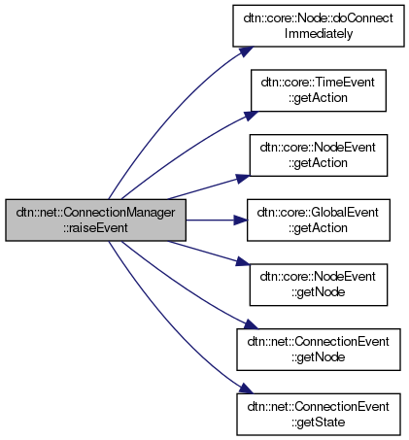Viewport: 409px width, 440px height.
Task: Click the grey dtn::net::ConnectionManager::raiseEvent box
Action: pyautogui.click(x=95, y=220)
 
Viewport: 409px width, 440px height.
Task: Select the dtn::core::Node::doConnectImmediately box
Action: pyautogui.click(x=319, y=26)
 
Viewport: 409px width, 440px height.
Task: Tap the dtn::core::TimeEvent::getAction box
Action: pyautogui.click(x=319, y=90)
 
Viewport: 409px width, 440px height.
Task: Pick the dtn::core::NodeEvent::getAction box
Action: pyautogui.click(x=319, y=155)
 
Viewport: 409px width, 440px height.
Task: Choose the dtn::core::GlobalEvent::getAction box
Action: pyautogui.click(x=319, y=220)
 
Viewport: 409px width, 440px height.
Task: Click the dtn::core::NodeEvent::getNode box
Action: pyautogui.click(x=319, y=285)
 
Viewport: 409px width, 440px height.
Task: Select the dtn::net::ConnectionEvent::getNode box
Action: pyautogui.click(x=319, y=350)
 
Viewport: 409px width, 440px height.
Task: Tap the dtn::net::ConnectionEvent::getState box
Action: pyautogui.click(x=319, y=415)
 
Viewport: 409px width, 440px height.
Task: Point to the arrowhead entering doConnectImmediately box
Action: pyautogui.click(x=247, y=51)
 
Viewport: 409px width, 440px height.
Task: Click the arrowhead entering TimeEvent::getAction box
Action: pyautogui.click(x=252, y=116)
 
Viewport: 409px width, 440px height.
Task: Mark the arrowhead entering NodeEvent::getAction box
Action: pyautogui.click(x=243, y=179)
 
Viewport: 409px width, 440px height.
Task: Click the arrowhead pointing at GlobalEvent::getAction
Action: pyautogui.click(x=241, y=220)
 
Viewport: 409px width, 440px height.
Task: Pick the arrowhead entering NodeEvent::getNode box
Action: pyautogui.click(x=243, y=261)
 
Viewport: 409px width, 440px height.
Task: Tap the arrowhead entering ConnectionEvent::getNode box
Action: pyautogui.click(x=252, y=324)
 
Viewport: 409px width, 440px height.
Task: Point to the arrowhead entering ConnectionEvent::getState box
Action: pyautogui.click(x=246, y=389)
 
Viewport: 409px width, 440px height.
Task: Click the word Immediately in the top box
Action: pyautogui.click(x=319, y=34)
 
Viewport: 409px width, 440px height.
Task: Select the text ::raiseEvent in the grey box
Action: pyautogui.click(x=95, y=228)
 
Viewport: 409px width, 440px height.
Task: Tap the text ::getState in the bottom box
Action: pyautogui.click(x=319, y=423)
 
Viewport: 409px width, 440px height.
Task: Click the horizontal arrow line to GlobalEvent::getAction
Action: pyautogui.click(x=210, y=220)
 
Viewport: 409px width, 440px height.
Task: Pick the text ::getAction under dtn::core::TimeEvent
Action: pyautogui.click(x=319, y=98)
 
